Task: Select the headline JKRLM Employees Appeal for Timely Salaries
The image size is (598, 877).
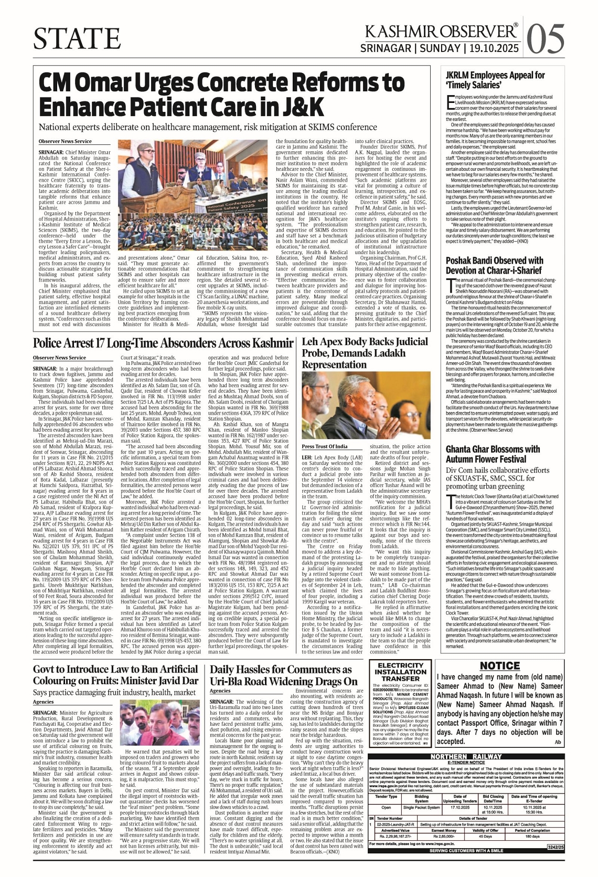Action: tap(488, 80)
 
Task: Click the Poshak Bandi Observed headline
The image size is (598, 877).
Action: tap(494, 265)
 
